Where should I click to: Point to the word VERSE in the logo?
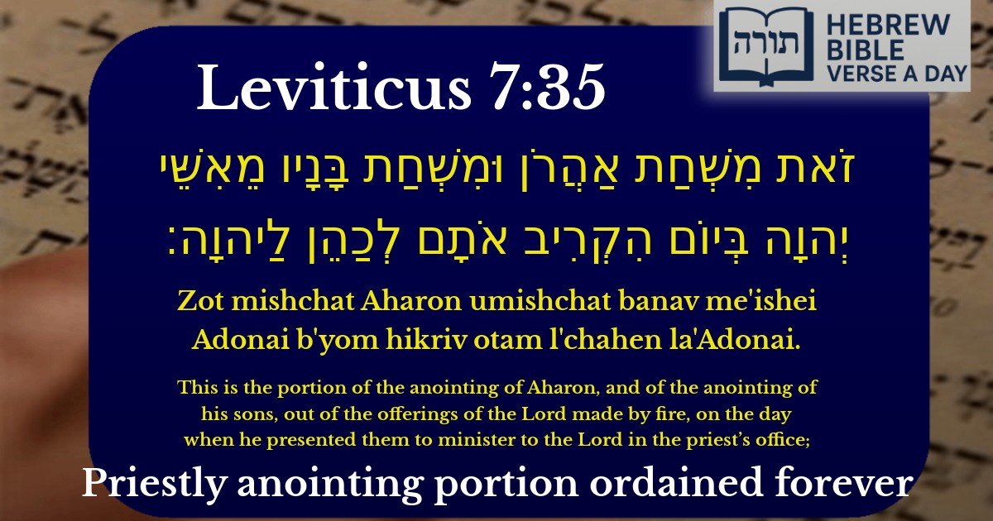click(x=861, y=74)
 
